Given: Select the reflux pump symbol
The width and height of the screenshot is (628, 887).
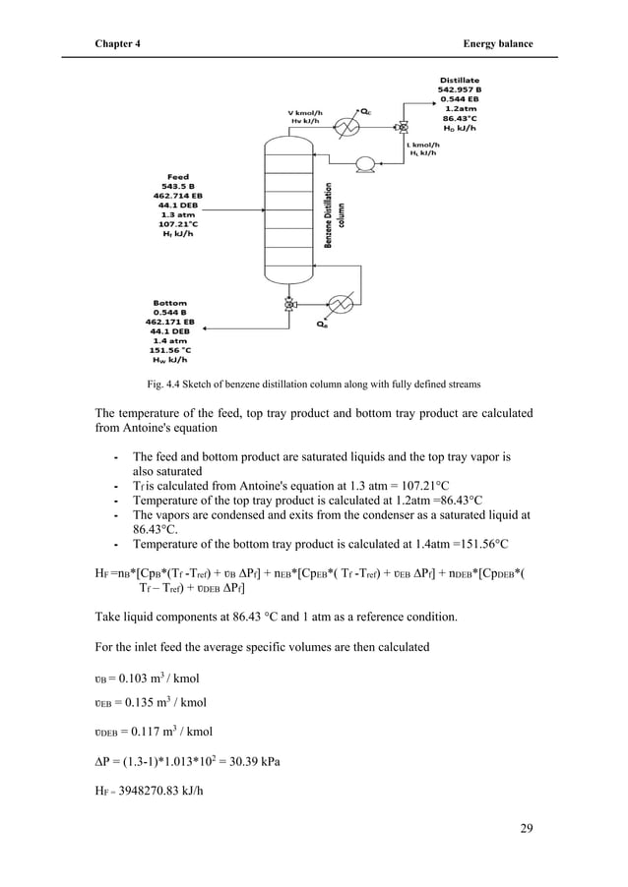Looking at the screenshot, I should [365, 163].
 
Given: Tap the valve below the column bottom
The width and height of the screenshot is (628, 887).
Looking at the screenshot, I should [288, 305].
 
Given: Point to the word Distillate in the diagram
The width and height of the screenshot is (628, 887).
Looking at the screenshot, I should [459, 80].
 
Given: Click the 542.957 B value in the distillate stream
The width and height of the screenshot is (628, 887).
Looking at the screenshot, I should [459, 89].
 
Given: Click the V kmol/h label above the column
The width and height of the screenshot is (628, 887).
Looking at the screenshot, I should [306, 111].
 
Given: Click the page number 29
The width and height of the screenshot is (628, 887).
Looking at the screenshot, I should [525, 828].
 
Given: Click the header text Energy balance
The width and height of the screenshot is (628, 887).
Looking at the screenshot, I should [498, 44].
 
